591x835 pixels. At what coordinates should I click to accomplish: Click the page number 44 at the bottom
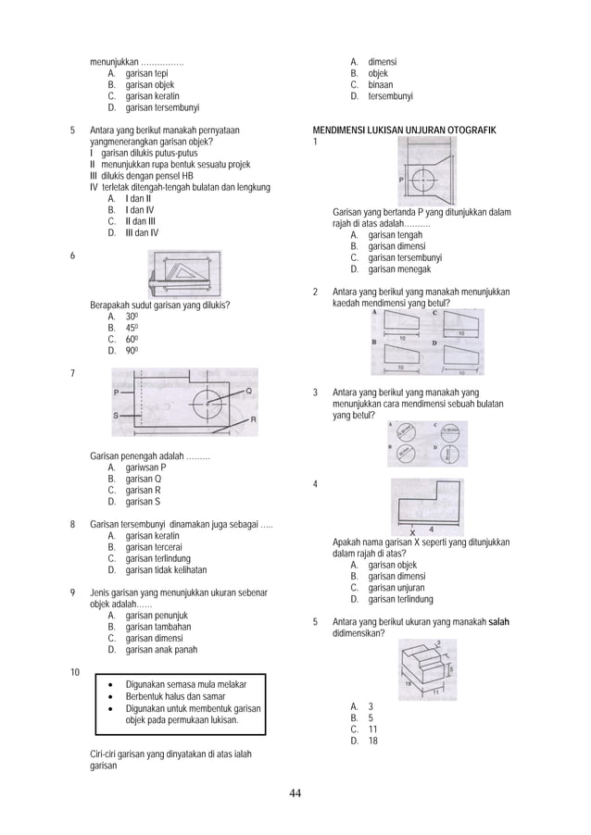[295, 793]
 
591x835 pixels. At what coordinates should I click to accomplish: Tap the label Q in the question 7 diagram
[248, 392]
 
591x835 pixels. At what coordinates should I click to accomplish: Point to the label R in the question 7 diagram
[254, 419]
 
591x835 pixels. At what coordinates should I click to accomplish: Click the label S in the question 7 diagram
[116, 416]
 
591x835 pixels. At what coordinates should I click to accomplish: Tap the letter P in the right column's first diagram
[400, 180]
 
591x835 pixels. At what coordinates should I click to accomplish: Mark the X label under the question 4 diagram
[412, 530]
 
